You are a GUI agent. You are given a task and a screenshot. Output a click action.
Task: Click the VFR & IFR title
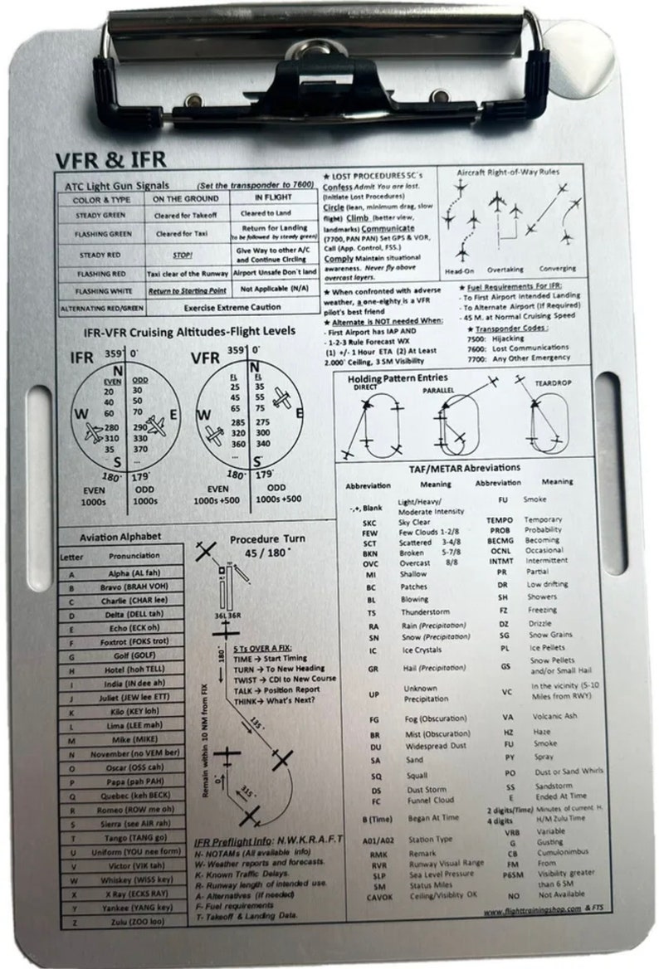pyautogui.click(x=111, y=159)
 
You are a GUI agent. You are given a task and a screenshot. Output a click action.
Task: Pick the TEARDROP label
pyautogui.click(x=551, y=385)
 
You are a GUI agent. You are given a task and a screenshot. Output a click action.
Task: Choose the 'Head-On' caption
pyautogui.click(x=460, y=270)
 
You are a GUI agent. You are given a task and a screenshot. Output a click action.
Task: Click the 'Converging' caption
pyautogui.click(x=557, y=269)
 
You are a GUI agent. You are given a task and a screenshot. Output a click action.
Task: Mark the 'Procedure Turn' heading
pyautogui.click(x=267, y=538)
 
